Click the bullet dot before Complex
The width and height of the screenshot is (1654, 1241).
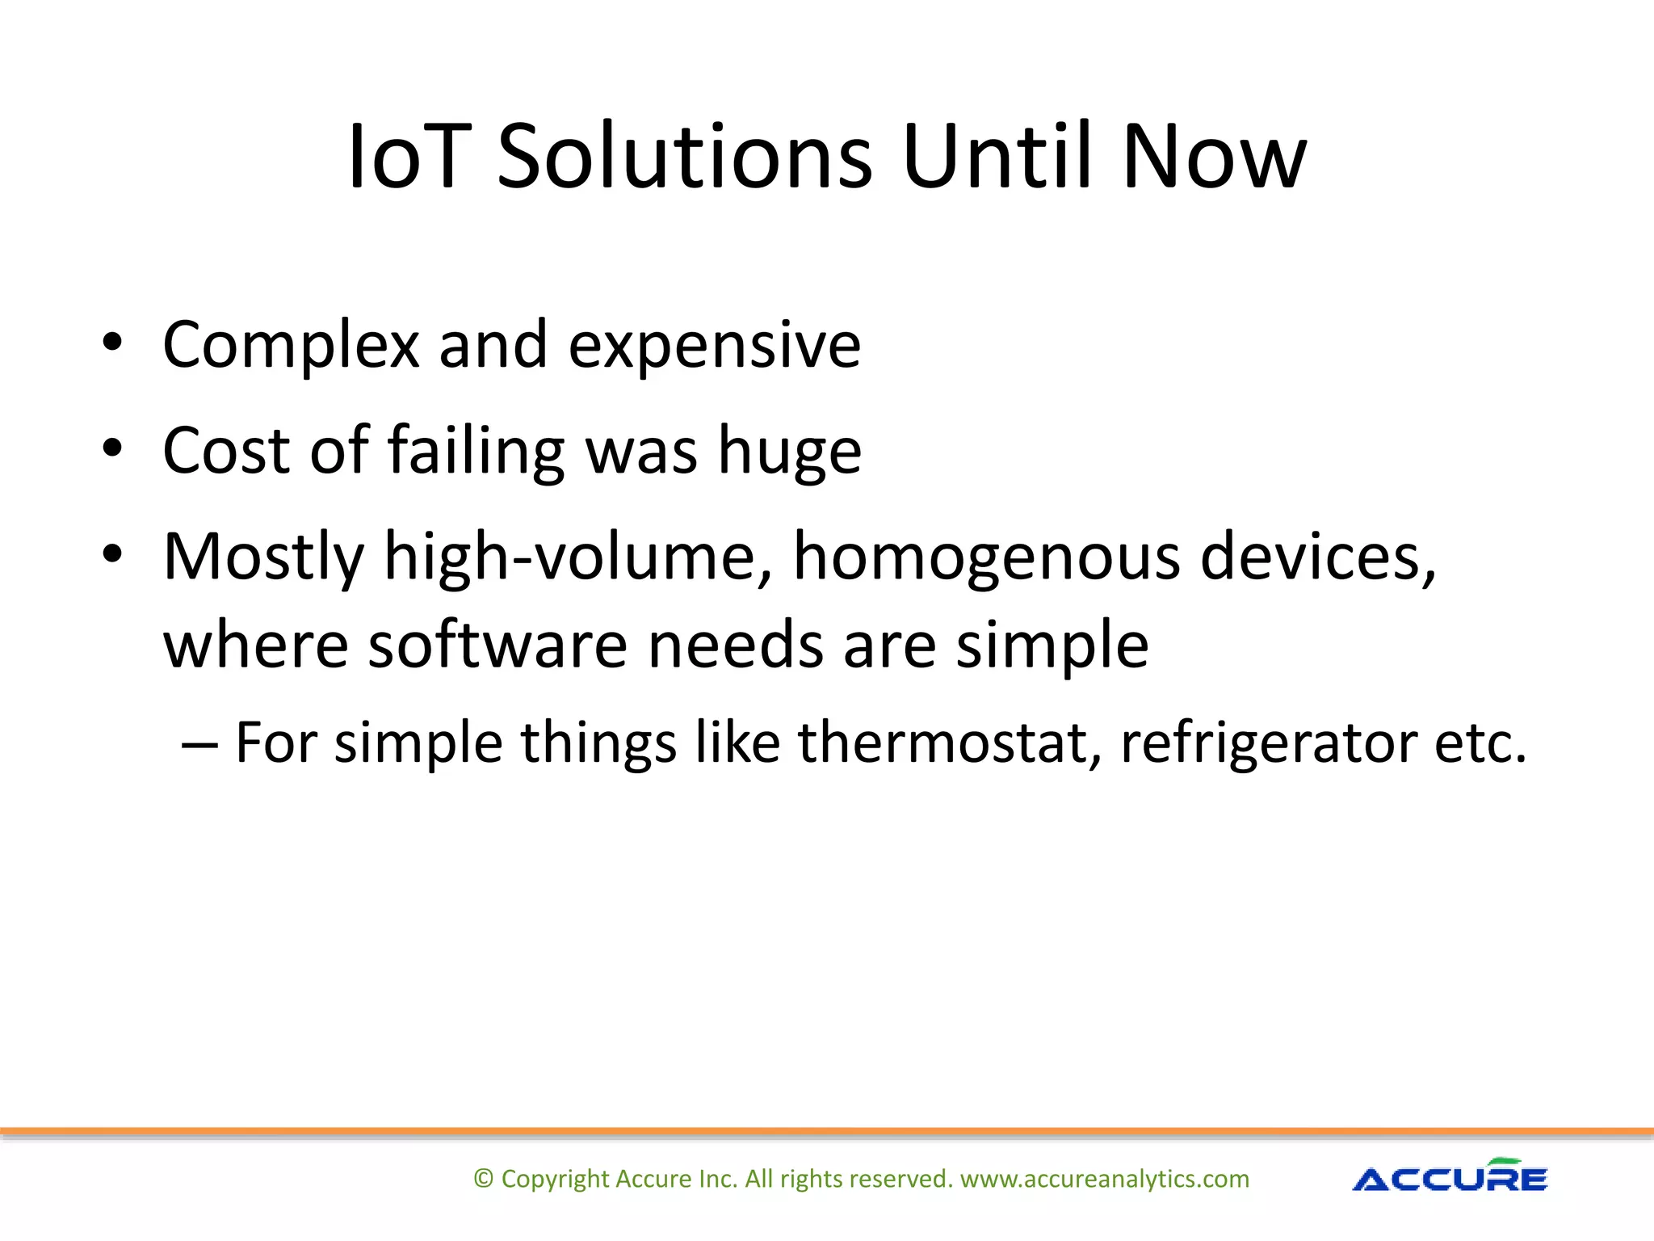pyautogui.click(x=112, y=343)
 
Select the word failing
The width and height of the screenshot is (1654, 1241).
pyautogui.click(x=476, y=452)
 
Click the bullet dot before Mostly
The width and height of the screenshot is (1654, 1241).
pyautogui.click(x=112, y=554)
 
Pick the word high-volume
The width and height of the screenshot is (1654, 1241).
pyautogui.click(x=577, y=557)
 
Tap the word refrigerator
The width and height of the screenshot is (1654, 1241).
pyautogui.click(x=1268, y=743)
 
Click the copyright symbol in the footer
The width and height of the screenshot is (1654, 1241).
pyautogui.click(x=483, y=1179)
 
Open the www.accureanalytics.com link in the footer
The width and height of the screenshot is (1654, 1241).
pyautogui.click(x=1104, y=1179)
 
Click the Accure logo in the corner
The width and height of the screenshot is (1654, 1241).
pyautogui.click(x=1450, y=1176)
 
